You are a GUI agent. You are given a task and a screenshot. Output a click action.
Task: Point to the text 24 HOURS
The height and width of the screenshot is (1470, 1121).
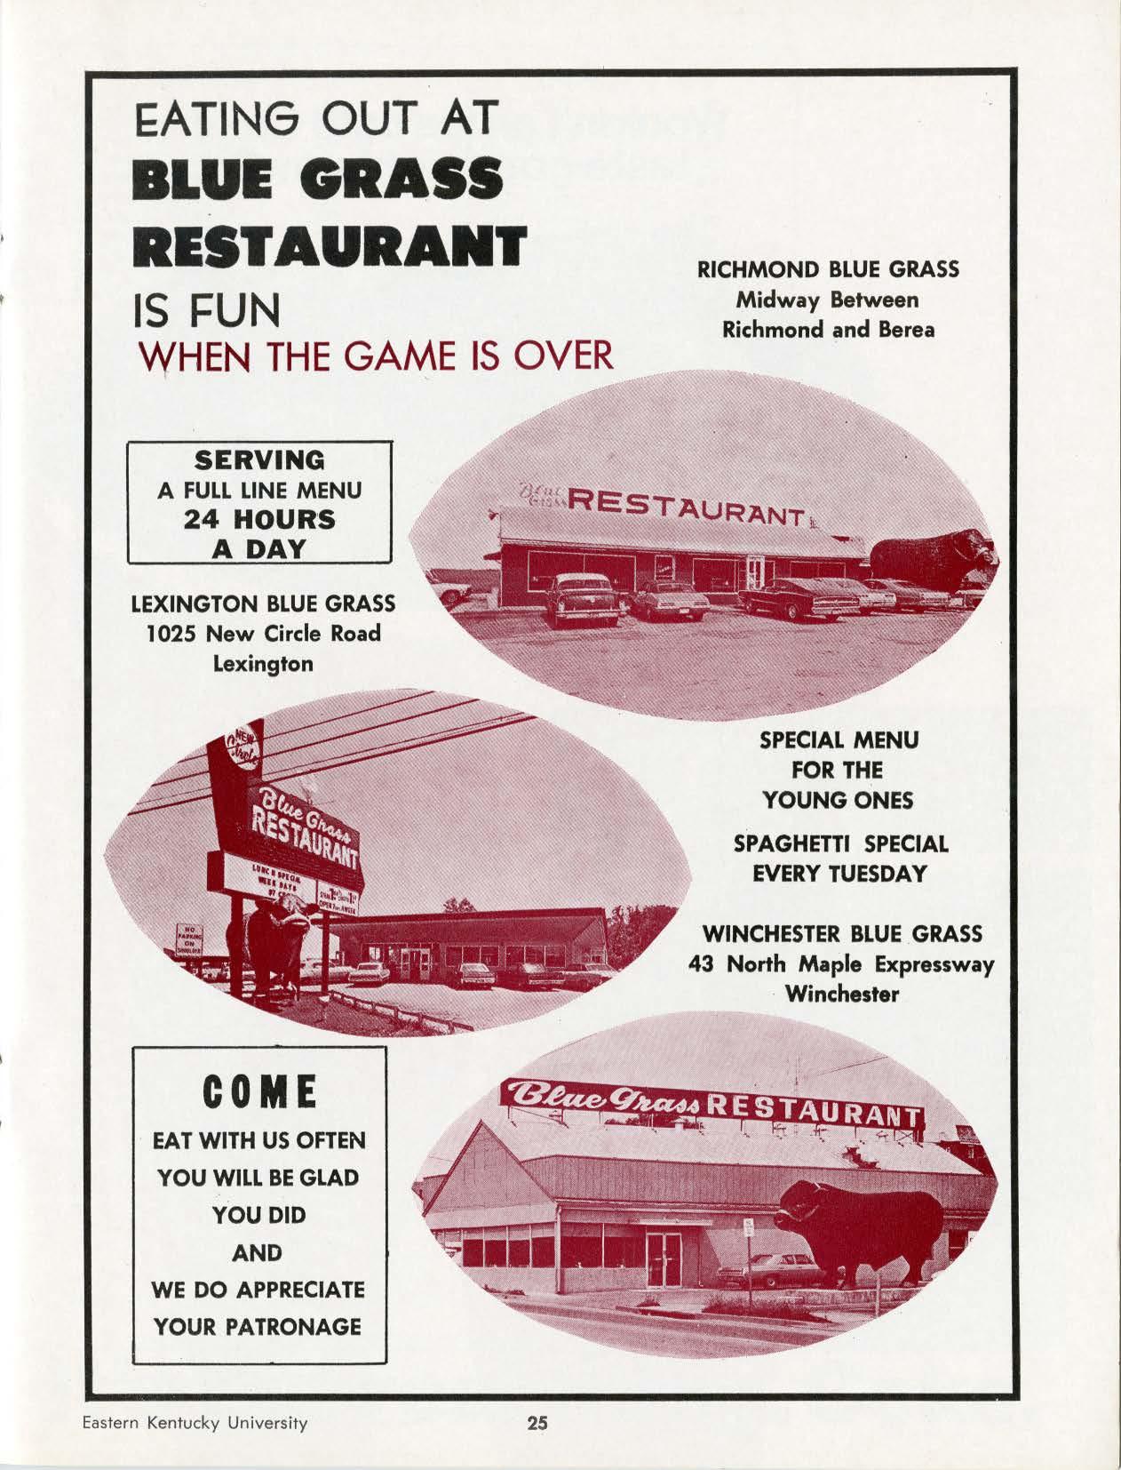pos(259,519)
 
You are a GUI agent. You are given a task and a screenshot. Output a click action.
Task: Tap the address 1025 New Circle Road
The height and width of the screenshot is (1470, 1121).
pos(262,634)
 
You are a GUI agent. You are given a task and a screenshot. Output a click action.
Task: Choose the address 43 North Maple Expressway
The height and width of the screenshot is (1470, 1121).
pos(841,964)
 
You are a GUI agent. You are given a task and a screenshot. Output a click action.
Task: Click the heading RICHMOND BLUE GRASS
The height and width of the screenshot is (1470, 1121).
pos(828,269)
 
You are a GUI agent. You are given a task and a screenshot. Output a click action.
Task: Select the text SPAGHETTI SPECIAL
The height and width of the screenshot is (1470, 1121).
pos(840,843)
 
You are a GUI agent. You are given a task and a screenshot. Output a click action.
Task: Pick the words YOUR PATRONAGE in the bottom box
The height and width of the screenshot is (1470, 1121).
pos(258,1327)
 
